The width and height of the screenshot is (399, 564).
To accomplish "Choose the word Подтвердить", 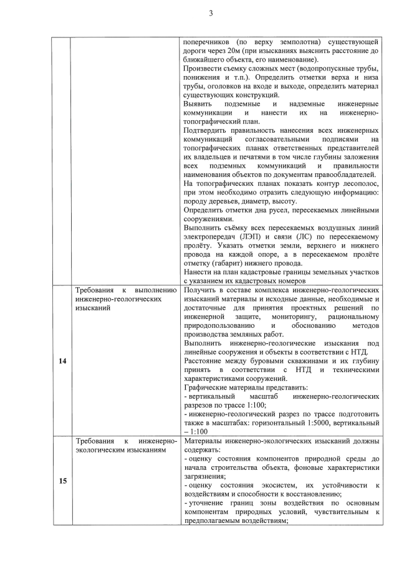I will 209,132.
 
